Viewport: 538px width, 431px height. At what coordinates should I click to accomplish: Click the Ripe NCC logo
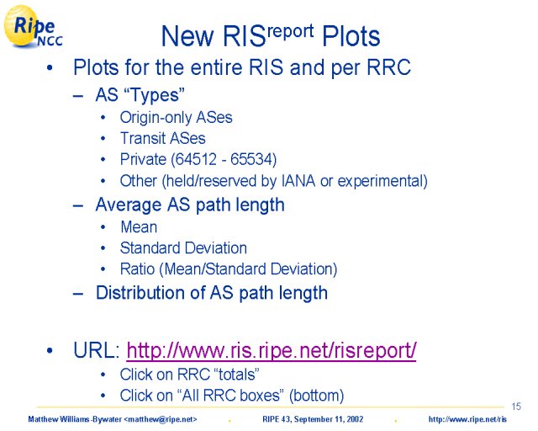[x=33, y=26]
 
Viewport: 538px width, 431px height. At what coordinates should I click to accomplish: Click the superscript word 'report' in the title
[x=290, y=31]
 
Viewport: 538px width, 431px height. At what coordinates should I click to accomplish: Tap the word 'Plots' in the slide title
[x=351, y=36]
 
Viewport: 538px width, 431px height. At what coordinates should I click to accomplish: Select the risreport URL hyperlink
[x=272, y=350]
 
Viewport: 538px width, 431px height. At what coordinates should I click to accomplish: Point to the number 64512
[x=196, y=159]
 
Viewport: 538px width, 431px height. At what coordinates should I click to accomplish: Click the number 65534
[x=251, y=159]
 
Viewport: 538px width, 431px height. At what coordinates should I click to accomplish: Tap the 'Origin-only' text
[x=156, y=118]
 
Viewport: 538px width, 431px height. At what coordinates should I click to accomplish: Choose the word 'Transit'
[x=143, y=138]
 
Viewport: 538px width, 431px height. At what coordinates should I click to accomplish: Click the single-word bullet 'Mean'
[x=139, y=226]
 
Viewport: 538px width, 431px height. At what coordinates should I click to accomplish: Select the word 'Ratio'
[x=137, y=269]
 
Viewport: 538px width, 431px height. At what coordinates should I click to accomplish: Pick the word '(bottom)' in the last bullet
[x=316, y=396]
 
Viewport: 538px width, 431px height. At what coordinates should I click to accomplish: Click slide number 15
[x=516, y=407]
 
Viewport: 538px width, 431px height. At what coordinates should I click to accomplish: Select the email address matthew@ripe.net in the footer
[x=161, y=419]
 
